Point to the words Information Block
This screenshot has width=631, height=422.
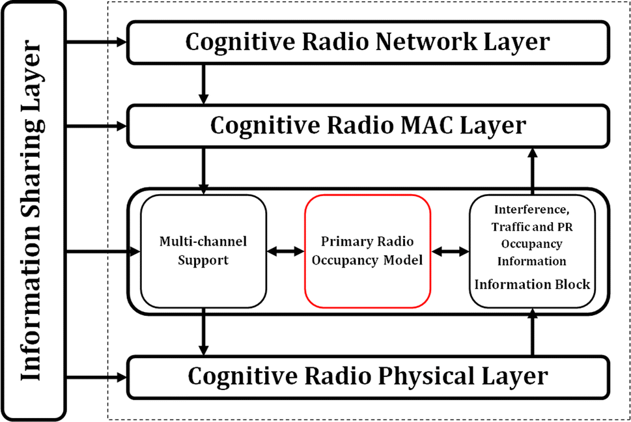pyautogui.click(x=532, y=285)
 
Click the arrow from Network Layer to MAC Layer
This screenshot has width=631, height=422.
pyautogui.click(x=204, y=84)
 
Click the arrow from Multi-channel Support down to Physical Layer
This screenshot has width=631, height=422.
pyautogui.click(x=204, y=332)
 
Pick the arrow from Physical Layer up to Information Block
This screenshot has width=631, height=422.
pyautogui.click(x=533, y=332)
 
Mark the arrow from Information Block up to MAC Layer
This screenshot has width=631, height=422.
pyautogui.click(x=533, y=171)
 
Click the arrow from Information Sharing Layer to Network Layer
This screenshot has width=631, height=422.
pyautogui.click(x=96, y=42)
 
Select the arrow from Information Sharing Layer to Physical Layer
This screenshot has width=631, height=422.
pyautogui.click(x=96, y=377)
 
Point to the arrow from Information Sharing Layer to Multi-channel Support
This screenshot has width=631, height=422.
pyautogui.click(x=103, y=252)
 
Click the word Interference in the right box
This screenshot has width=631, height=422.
pyautogui.click(x=531, y=210)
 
